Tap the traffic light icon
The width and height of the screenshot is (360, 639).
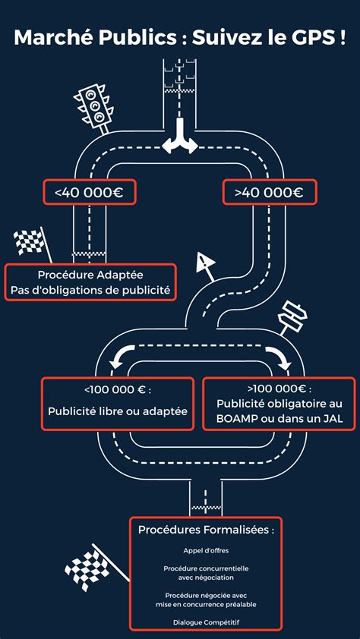click(93, 105)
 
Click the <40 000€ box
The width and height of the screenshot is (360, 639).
click(90, 193)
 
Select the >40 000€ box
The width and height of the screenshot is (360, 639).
click(269, 193)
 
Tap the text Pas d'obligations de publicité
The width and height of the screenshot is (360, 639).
click(90, 290)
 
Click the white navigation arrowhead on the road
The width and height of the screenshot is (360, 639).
click(204, 263)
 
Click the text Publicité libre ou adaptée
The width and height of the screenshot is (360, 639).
click(118, 411)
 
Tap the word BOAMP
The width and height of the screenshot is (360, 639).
click(237, 418)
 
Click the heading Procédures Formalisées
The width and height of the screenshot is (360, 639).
click(206, 529)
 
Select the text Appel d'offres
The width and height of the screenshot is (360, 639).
click(206, 550)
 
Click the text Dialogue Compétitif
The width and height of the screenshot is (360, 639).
click(206, 622)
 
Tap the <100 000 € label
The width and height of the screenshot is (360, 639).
click(118, 390)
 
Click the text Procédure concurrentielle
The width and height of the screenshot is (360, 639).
click(206, 568)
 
